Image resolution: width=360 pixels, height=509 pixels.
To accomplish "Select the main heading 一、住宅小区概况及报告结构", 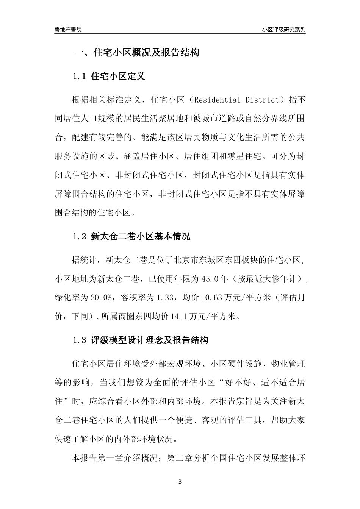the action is (136, 53).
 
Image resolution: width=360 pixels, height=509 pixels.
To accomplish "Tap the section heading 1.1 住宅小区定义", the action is (109, 77).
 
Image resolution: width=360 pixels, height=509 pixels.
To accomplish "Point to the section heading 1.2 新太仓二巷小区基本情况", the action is (131, 237).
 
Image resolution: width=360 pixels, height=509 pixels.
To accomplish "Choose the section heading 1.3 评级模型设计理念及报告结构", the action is (140, 340).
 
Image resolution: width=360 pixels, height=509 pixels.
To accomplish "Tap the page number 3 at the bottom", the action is (180, 482).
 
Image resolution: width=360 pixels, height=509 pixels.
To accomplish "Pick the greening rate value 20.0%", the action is (100, 298).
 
